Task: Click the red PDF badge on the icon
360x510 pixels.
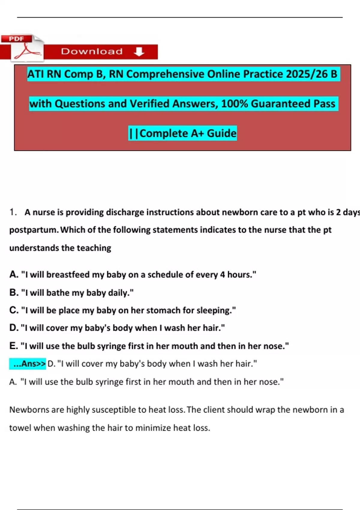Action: tap(16, 39)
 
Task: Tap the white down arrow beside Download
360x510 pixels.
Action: tap(139, 52)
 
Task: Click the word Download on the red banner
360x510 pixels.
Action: tap(92, 52)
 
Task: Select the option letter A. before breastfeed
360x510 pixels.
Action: tap(14, 274)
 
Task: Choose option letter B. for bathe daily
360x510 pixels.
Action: tap(14, 292)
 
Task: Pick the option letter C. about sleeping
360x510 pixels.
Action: tap(14, 310)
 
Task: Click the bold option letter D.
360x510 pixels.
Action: tap(14, 328)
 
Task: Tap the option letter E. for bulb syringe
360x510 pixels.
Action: tap(13, 346)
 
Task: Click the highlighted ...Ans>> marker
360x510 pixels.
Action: tap(28, 364)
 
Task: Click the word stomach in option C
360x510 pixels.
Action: tap(165, 310)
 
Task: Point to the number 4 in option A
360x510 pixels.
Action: tap(222, 274)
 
